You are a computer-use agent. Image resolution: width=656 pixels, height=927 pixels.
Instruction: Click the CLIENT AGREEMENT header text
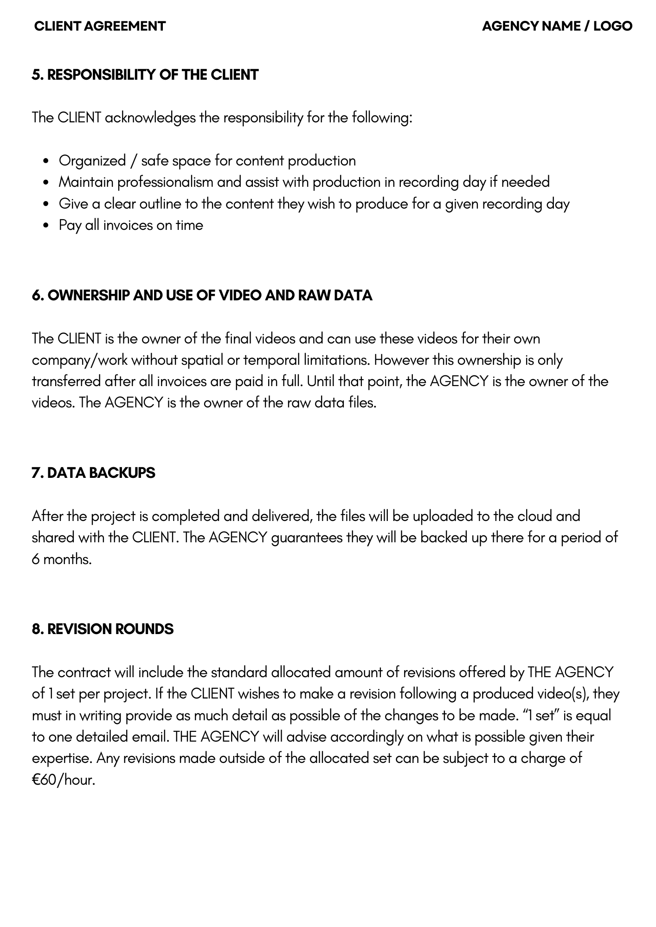pyautogui.click(x=100, y=26)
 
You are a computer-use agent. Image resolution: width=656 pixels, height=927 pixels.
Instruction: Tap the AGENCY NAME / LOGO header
pyautogui.click(x=557, y=26)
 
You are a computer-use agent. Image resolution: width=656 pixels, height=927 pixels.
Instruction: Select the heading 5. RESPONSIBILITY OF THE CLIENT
pyautogui.click(x=145, y=75)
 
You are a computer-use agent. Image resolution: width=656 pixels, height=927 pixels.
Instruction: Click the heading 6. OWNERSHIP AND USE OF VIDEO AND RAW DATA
pyautogui.click(x=202, y=295)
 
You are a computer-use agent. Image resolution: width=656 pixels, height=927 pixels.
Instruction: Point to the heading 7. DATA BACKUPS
pyautogui.click(x=93, y=473)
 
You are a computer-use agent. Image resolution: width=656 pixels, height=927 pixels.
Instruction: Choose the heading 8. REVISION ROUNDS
pyautogui.click(x=103, y=629)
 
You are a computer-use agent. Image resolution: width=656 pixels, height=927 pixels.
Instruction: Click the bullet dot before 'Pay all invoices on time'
pyautogui.click(x=45, y=226)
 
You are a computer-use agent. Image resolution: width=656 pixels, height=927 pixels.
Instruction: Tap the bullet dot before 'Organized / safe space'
pyautogui.click(x=45, y=161)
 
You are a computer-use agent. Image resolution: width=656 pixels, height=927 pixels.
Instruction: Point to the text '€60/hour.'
pyautogui.click(x=64, y=780)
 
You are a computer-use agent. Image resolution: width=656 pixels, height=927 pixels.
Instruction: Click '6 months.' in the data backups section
pyautogui.click(x=62, y=559)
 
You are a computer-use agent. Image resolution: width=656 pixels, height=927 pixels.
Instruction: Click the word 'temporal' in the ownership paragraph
pyautogui.click(x=271, y=360)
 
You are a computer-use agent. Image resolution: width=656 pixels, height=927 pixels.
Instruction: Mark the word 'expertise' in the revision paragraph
pyautogui.click(x=62, y=759)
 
